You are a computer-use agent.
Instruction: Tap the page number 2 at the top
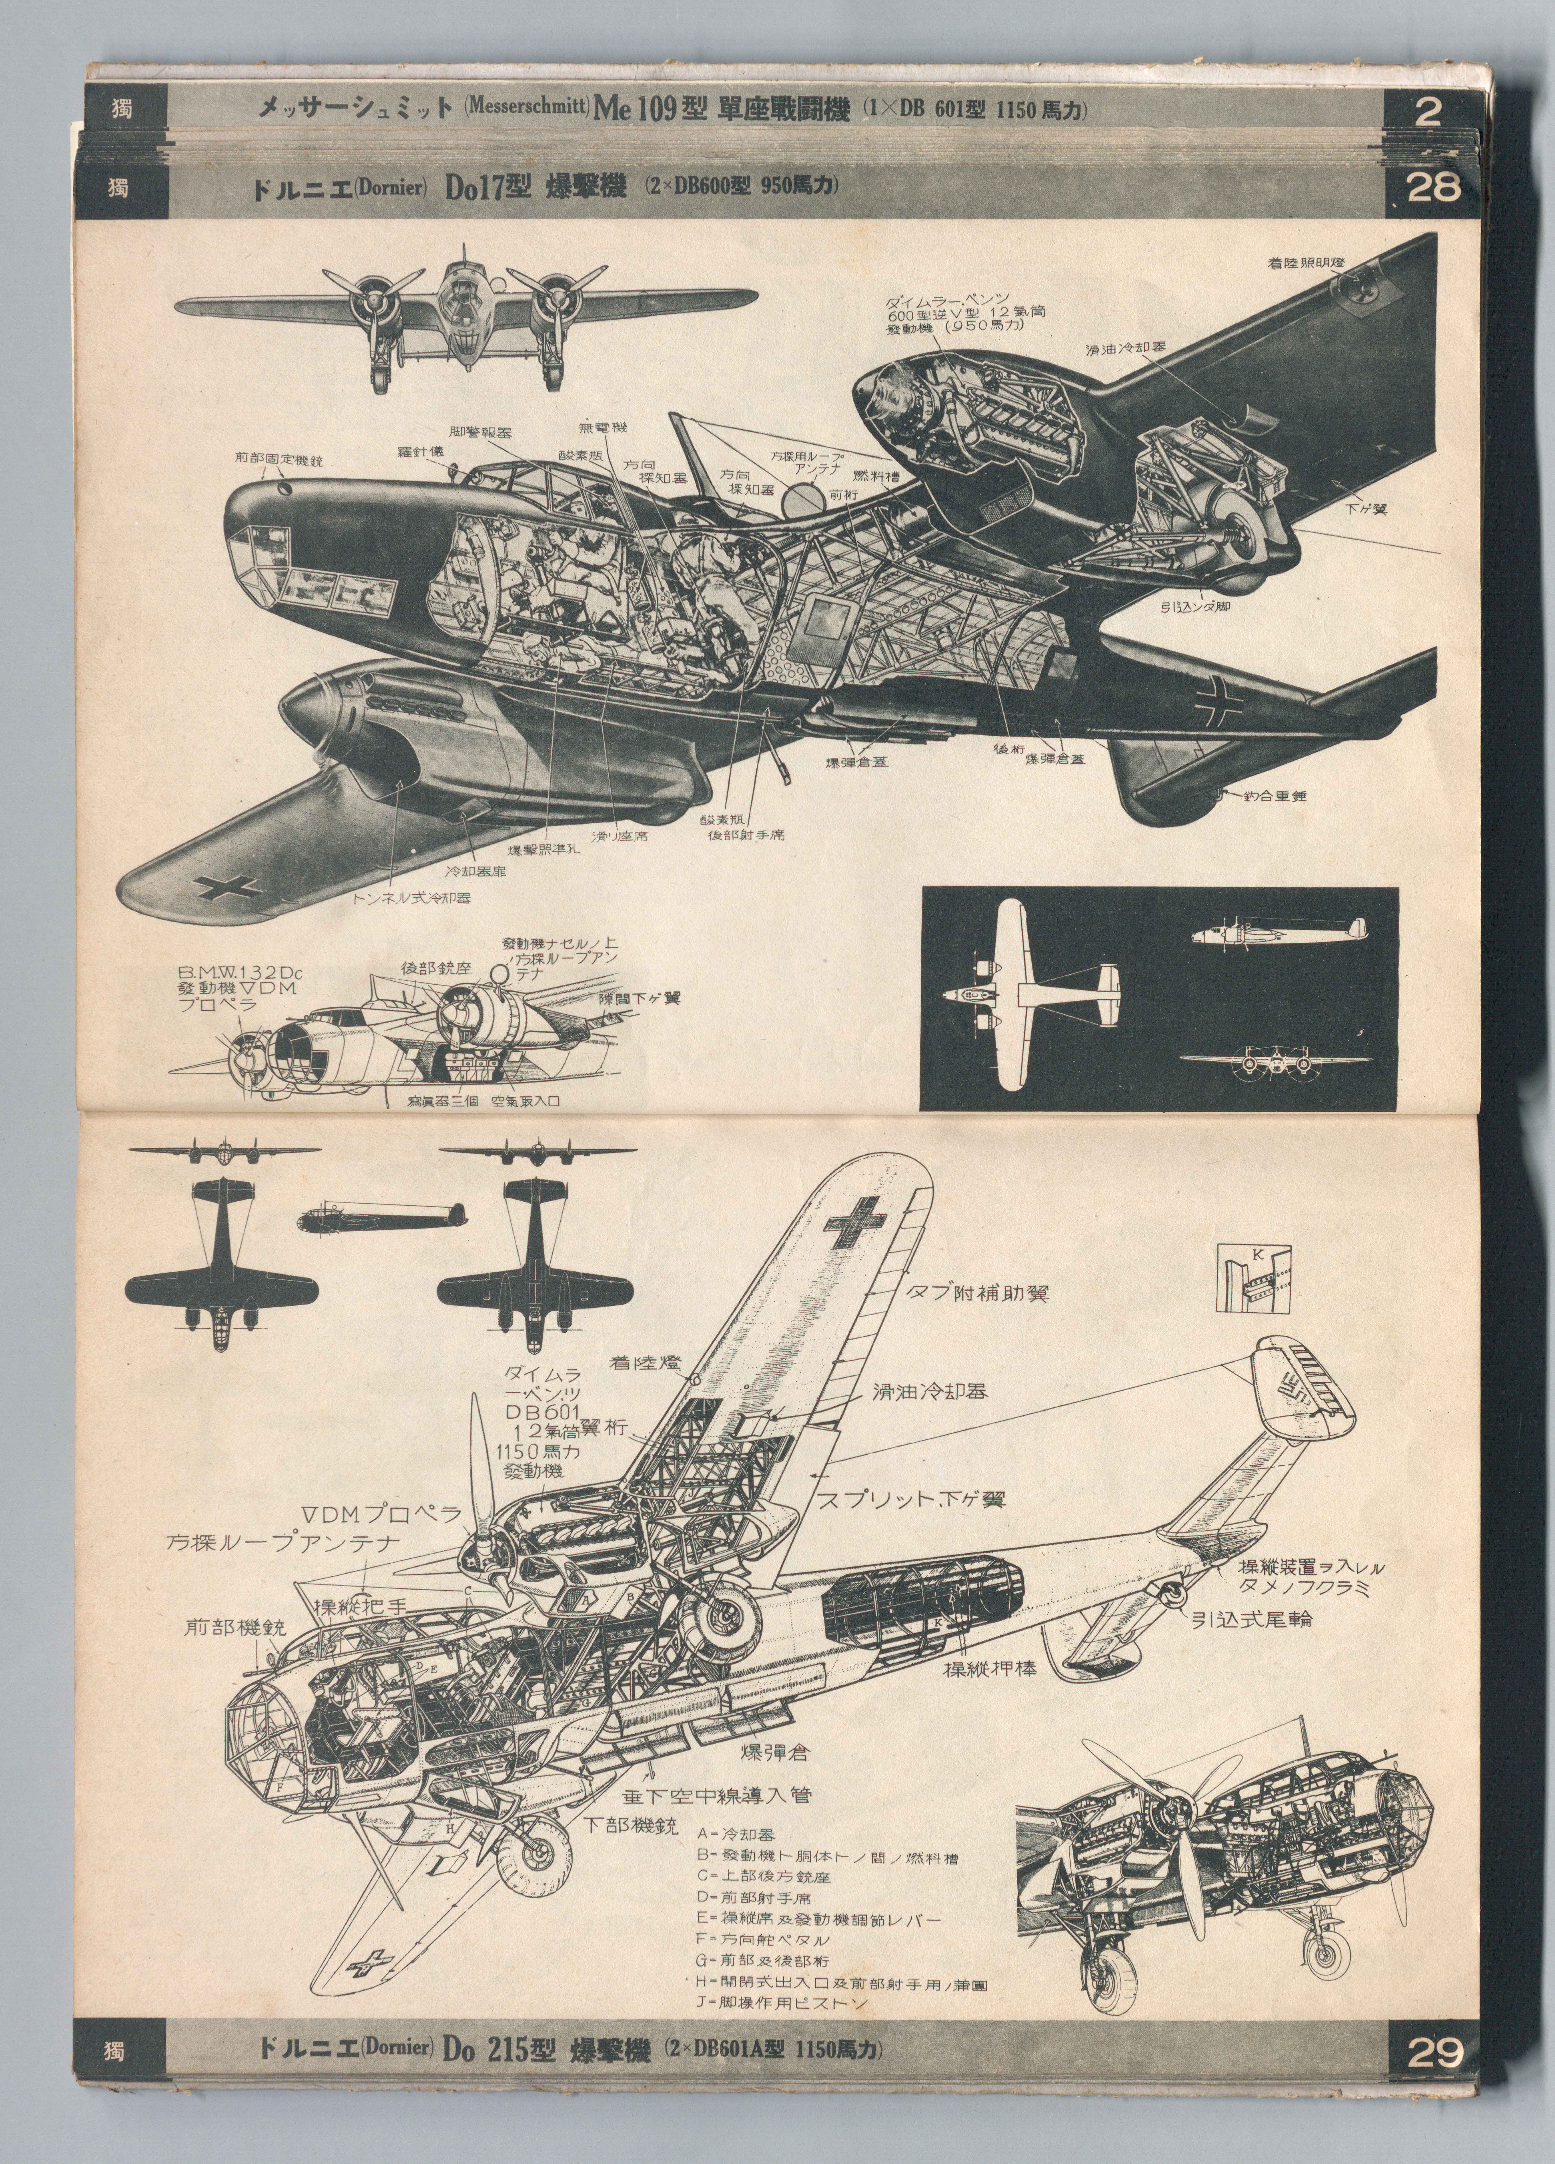click(x=1428, y=113)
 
